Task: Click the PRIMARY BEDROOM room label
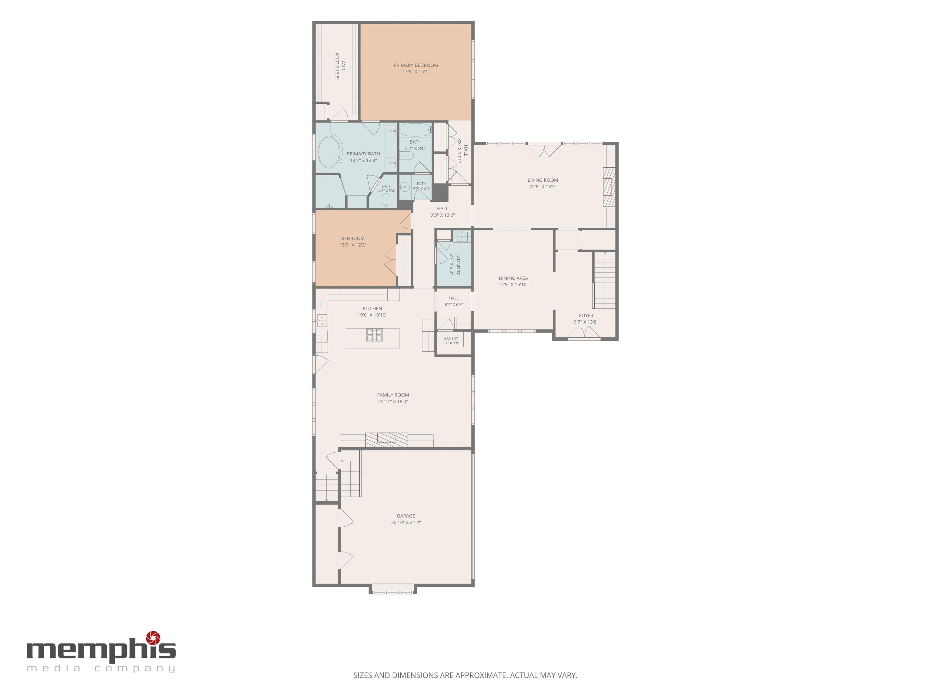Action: (416, 65)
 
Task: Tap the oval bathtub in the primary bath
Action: (329, 152)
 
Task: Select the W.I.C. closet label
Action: (343, 66)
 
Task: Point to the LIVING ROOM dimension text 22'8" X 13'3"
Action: (543, 187)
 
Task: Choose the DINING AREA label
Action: (513, 278)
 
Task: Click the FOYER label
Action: (586, 316)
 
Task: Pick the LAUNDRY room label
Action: (458, 264)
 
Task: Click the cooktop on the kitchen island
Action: (374, 335)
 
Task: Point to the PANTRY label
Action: (451, 338)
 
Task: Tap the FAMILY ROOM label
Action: (393, 395)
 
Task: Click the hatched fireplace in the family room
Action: (386, 440)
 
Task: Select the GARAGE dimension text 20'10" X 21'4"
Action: (406, 522)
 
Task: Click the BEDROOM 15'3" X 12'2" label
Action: (353, 241)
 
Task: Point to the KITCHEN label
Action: (372, 309)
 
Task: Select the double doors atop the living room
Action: (544, 150)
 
